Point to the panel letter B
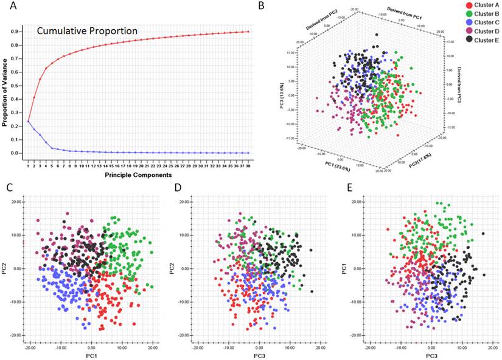point(262,6)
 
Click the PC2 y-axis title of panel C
point(5,268)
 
